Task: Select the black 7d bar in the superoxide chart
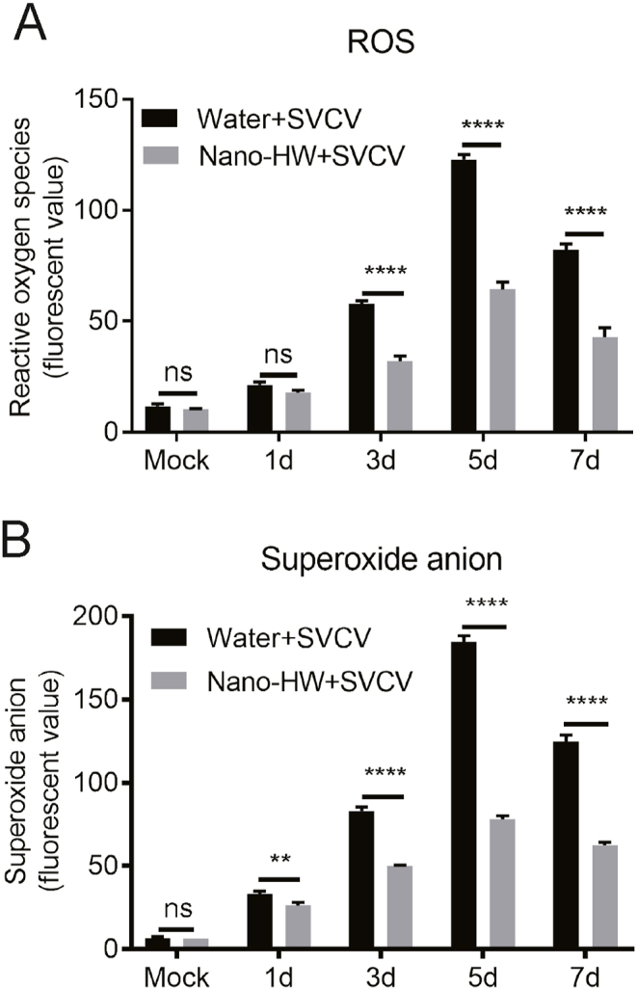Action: click(566, 844)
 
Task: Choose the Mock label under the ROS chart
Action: click(175, 461)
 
